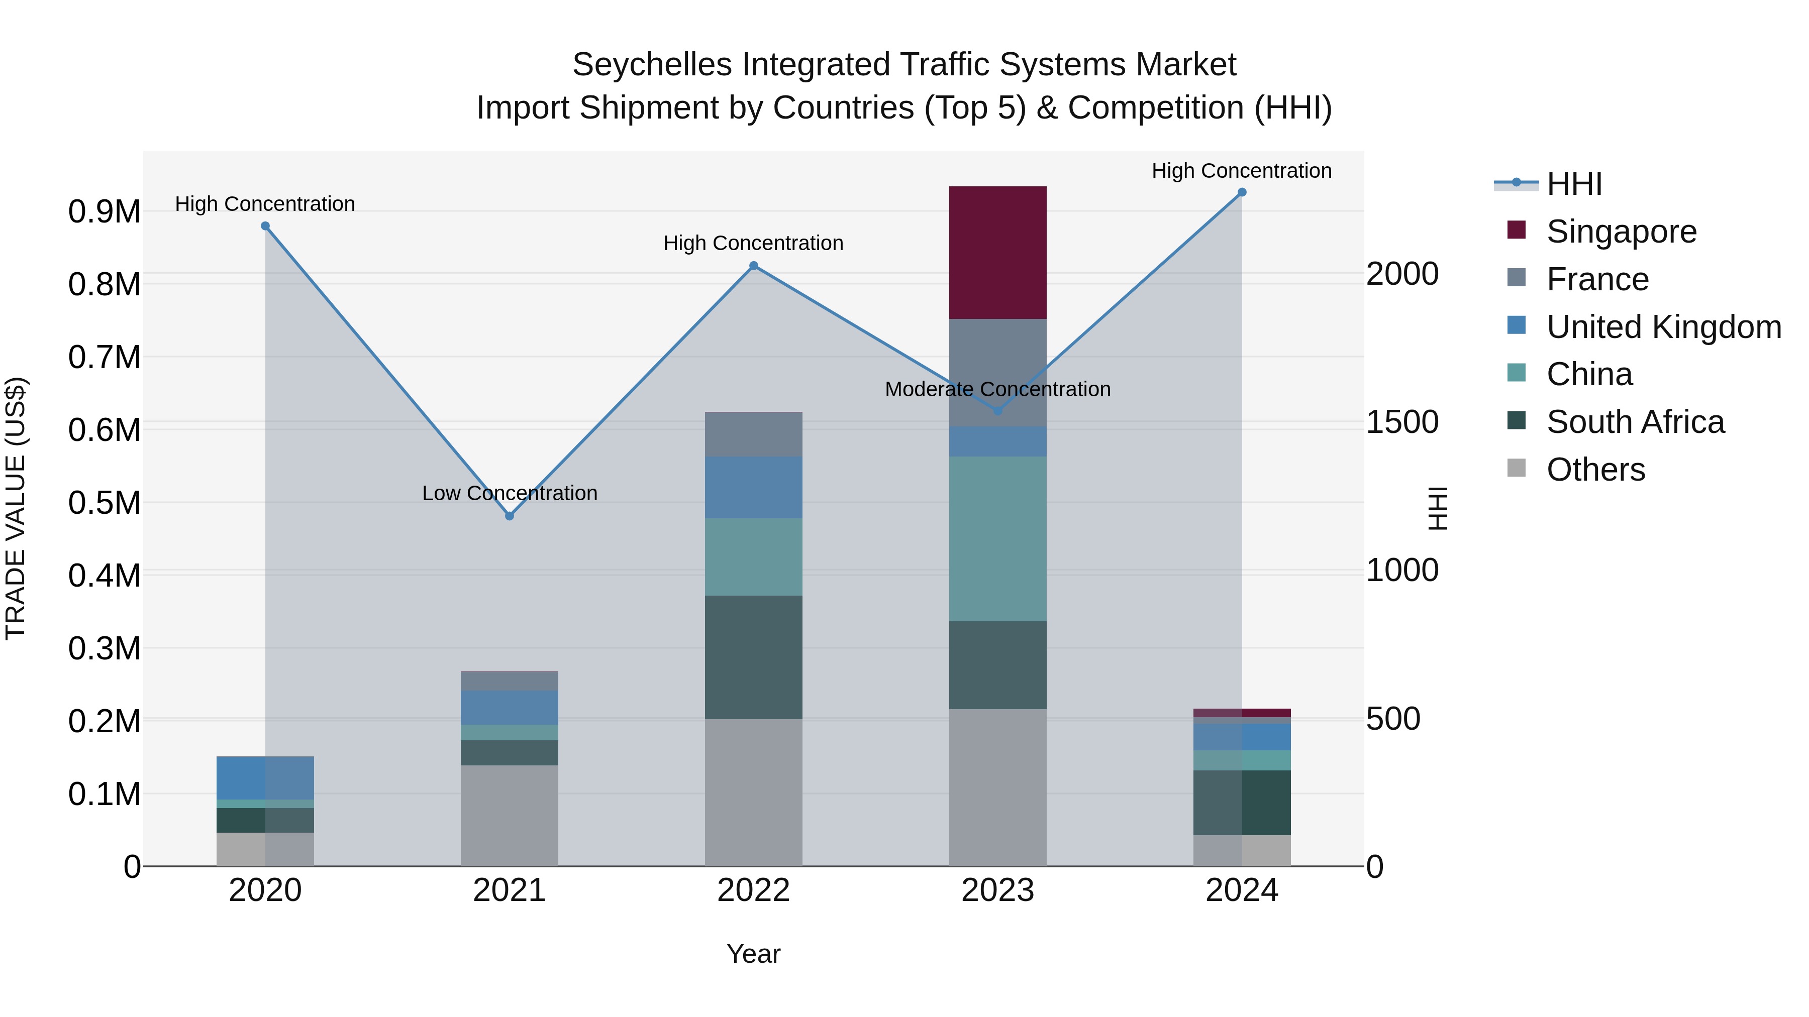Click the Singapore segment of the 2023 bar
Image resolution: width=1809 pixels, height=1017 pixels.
point(997,253)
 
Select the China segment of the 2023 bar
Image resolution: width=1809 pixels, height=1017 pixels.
point(997,538)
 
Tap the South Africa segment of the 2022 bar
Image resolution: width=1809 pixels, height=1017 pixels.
point(754,657)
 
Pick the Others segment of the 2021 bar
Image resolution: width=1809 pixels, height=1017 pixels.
point(509,815)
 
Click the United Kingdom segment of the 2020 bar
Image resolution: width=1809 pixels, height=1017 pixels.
point(265,777)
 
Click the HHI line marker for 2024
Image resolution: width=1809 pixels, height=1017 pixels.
point(1242,192)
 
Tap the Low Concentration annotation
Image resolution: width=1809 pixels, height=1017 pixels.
point(509,493)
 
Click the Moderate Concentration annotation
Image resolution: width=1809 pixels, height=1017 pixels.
point(997,390)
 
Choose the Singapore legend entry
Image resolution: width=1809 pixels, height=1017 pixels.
point(1621,232)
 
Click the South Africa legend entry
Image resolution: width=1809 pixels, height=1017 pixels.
point(1635,422)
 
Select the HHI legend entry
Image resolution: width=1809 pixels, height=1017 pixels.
point(1573,184)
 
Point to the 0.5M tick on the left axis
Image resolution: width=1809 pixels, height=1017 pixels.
point(104,503)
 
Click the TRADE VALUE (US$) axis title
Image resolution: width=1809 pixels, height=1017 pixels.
point(16,508)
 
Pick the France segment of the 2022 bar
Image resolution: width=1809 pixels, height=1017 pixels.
point(754,434)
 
